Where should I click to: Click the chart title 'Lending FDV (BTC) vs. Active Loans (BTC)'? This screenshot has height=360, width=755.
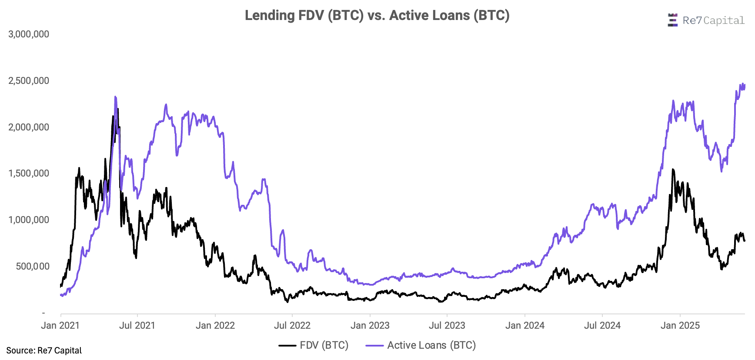pyautogui.click(x=377, y=16)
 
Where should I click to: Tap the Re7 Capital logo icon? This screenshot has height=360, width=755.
pyautogui.click(x=672, y=20)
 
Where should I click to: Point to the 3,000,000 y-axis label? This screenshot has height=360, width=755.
pyautogui.click(x=29, y=34)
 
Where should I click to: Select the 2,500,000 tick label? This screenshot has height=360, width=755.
pyautogui.click(x=29, y=81)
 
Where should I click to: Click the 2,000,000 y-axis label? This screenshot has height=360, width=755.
pyautogui.click(x=29, y=127)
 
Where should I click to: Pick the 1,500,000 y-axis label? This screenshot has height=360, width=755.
pyautogui.click(x=29, y=173)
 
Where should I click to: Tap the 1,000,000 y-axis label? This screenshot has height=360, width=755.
pyautogui.click(x=29, y=220)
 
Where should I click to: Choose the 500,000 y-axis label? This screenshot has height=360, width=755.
pyautogui.click(x=33, y=267)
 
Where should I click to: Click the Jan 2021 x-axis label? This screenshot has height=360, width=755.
pyautogui.click(x=60, y=326)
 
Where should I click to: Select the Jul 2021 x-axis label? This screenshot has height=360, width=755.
pyautogui.click(x=137, y=326)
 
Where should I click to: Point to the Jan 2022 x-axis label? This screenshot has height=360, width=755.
pyautogui.click(x=215, y=326)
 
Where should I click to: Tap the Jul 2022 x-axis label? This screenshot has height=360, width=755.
pyautogui.click(x=292, y=326)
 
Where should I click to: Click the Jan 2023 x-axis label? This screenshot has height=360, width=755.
pyautogui.click(x=370, y=326)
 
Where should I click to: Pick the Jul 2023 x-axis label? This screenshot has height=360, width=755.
pyautogui.click(x=447, y=326)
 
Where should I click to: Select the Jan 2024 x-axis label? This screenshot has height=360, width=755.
pyautogui.click(x=525, y=326)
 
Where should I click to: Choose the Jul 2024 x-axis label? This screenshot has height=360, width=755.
pyautogui.click(x=602, y=326)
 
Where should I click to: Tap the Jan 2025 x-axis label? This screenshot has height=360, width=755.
pyautogui.click(x=680, y=326)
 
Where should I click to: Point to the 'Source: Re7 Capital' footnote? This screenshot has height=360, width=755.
pyautogui.click(x=44, y=351)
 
